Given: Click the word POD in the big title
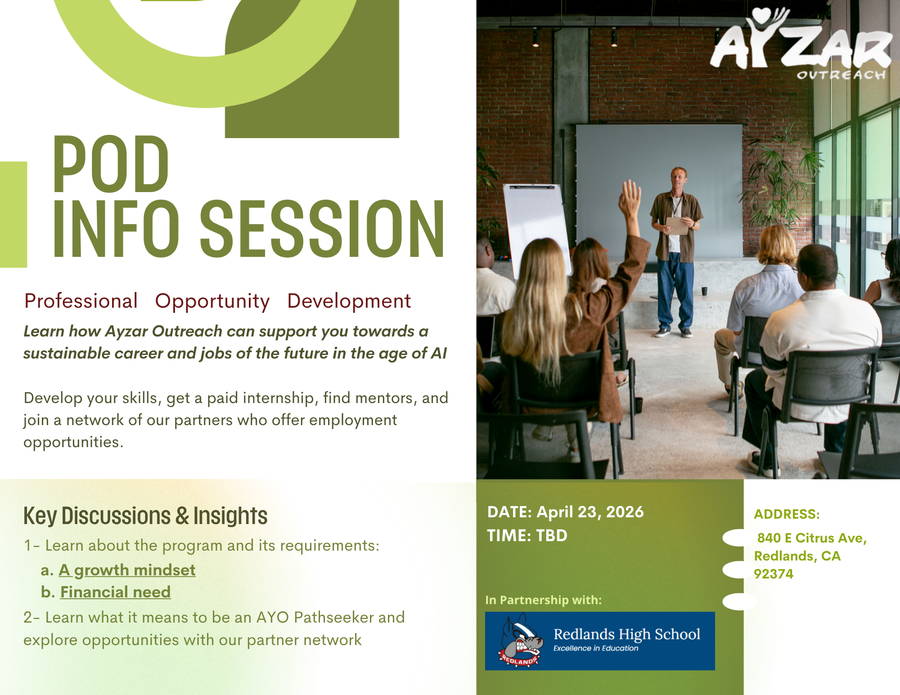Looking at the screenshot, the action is coord(111,164).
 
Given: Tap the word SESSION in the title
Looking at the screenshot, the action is coord(322,229).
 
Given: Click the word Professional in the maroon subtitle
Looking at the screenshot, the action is coord(81,301).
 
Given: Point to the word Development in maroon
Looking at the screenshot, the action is coord(349,301).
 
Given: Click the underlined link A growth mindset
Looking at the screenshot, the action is coord(127,570).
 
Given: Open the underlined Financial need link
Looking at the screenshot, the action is coord(116,592).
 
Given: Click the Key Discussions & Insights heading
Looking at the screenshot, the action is coord(145,516).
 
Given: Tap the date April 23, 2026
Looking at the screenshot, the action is coord(590,512).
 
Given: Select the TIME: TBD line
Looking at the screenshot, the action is coord(527,535).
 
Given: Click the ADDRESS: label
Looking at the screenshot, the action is coord(787,514).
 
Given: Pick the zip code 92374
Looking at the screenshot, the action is coord(774,574).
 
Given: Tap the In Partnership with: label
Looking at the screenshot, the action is coord(543,600).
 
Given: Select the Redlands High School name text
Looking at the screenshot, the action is coord(627,634).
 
